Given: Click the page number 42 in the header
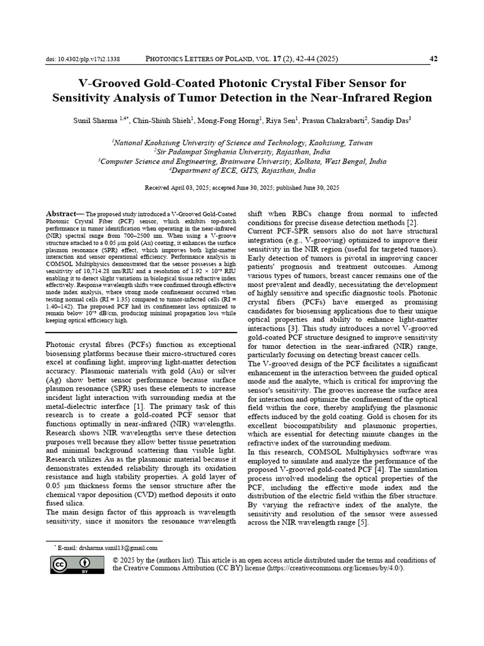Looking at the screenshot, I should point(434,59).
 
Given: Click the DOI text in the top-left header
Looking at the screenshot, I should point(83,60).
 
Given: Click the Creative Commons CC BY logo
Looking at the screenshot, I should point(78,565).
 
